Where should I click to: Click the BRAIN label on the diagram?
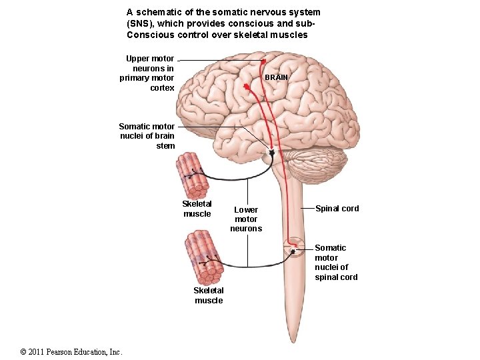(x=276, y=77)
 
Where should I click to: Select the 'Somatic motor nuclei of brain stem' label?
(x=147, y=136)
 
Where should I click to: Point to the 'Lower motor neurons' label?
(x=246, y=219)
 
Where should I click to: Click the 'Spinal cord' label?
(x=337, y=209)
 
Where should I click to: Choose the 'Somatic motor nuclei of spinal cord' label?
(x=336, y=263)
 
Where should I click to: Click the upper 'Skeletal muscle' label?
(x=197, y=209)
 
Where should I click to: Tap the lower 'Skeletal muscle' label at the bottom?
(x=209, y=295)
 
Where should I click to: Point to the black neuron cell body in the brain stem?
(x=272, y=153)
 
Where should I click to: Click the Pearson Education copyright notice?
(x=71, y=351)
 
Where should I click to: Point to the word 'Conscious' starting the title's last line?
(x=147, y=35)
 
